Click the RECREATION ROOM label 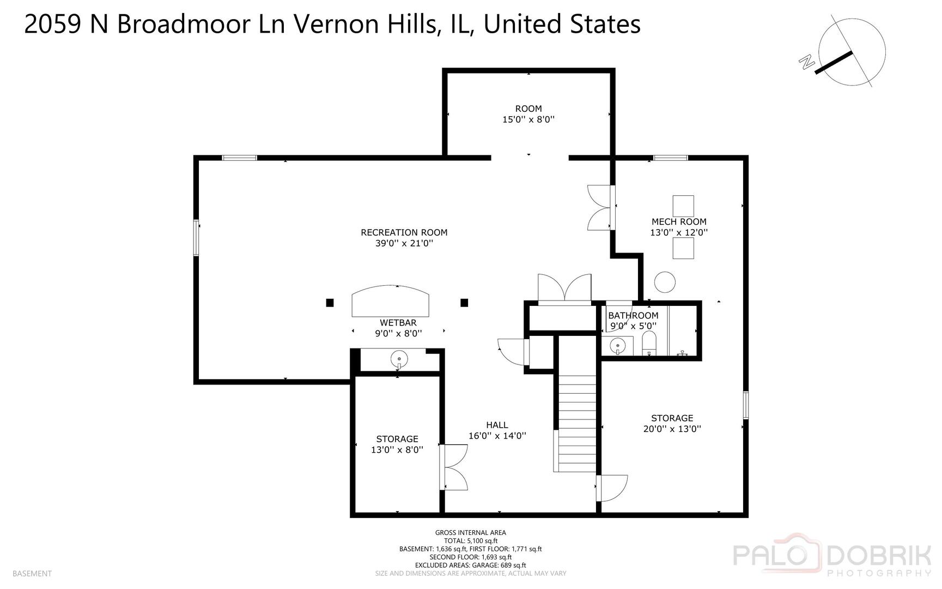tap(404, 232)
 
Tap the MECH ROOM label tap(679, 221)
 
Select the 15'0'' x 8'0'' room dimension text tap(528, 119)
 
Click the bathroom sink tap(617, 346)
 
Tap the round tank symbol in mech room tap(665, 283)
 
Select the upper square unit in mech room tap(683, 206)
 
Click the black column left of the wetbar tap(330, 303)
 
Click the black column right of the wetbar tap(464, 303)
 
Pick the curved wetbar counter tap(390, 301)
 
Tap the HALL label tap(497, 425)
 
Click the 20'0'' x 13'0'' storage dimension tap(672, 429)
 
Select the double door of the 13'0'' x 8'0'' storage tap(454, 467)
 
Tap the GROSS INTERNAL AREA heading tap(470, 532)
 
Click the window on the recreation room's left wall tap(197, 237)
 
